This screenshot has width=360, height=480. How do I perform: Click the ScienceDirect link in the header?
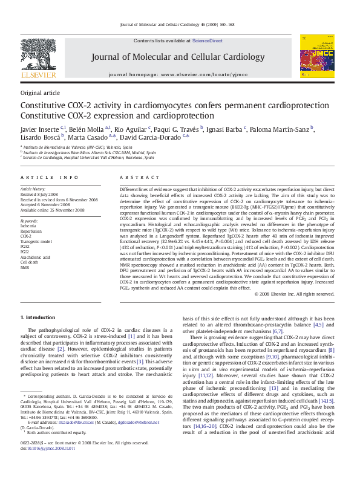point(208,41)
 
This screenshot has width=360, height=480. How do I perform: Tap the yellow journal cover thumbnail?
point(316,62)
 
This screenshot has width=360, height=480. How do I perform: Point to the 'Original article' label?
point(40,92)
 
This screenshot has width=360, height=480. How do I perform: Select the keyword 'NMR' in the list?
point(25,267)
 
